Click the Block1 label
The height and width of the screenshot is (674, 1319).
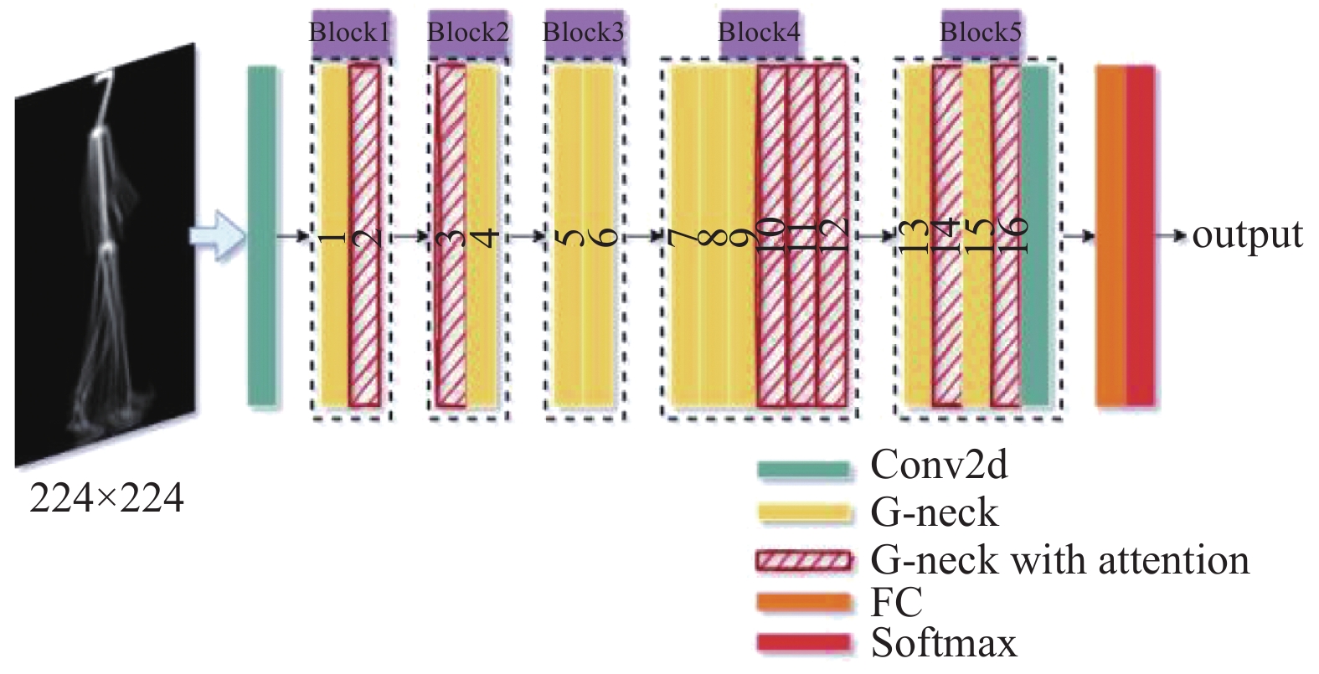click(x=350, y=33)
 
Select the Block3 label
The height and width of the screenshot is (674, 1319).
click(x=583, y=33)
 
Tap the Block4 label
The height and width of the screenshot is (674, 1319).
click(x=759, y=33)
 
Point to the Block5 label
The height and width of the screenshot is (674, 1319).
click(x=981, y=33)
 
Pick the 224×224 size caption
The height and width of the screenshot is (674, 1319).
click(x=106, y=499)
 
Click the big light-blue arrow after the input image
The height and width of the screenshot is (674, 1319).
click(x=216, y=235)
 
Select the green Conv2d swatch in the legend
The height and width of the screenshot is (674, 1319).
click(x=804, y=469)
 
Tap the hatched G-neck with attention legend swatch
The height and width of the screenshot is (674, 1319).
click(x=804, y=560)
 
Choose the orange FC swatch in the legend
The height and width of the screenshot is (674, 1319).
click(x=804, y=602)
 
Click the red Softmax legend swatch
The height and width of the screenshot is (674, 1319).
click(x=804, y=643)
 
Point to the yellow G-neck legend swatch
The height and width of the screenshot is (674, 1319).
click(x=804, y=512)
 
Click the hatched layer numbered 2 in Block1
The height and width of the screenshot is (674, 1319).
click(x=364, y=235)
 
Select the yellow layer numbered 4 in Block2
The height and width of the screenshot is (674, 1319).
click(x=483, y=235)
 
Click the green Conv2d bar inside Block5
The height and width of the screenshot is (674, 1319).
click(x=1035, y=235)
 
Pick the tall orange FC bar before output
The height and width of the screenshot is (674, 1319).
click(x=1110, y=235)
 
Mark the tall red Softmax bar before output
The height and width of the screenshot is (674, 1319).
click(x=1141, y=235)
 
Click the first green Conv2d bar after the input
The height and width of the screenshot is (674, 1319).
click(x=262, y=235)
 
